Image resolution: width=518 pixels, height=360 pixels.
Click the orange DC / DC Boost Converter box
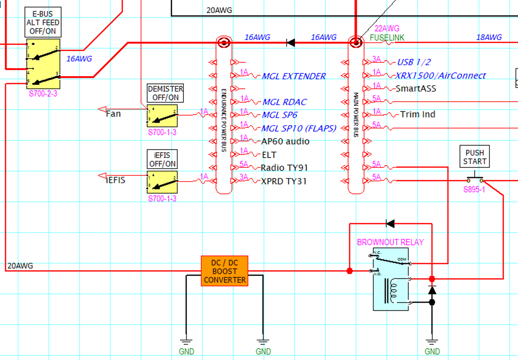tap(225, 271)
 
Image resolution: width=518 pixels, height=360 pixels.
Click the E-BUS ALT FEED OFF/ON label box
tap(43, 22)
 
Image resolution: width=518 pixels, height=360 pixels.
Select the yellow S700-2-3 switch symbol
tap(43, 64)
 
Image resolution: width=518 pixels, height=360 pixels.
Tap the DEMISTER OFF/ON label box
tap(165, 93)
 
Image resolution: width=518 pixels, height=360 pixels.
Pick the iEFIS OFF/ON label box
tap(162, 159)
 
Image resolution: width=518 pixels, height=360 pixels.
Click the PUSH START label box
tap(475, 157)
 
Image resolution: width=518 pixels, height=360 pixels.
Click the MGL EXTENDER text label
tap(293, 76)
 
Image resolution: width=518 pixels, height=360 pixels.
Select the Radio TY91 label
tap(284, 168)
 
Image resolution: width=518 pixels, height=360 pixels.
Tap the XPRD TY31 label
tap(284, 181)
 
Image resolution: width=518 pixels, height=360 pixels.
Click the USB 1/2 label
tap(414, 62)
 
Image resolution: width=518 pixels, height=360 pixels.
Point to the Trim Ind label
tap(417, 115)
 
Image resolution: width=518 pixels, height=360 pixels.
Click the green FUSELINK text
tap(387, 38)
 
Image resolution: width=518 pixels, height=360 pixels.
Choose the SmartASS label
tap(416, 89)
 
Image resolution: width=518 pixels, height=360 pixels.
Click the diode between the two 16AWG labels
tap(290, 43)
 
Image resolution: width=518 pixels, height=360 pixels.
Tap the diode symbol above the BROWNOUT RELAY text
tap(390, 224)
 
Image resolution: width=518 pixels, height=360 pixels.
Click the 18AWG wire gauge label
tap(489, 37)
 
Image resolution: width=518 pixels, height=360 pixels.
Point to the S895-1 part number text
tap(474, 190)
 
